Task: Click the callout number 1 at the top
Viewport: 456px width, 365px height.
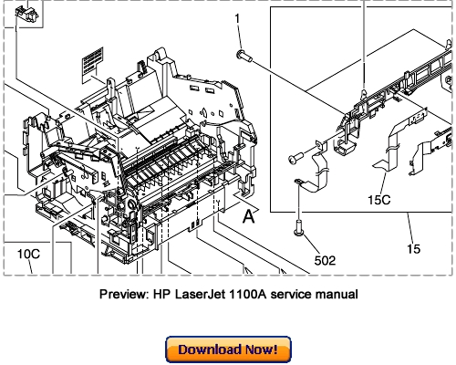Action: (239, 19)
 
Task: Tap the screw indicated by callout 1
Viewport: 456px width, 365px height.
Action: (244, 56)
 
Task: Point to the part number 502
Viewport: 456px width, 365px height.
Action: (326, 259)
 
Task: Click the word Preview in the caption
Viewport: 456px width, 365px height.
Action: (124, 295)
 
